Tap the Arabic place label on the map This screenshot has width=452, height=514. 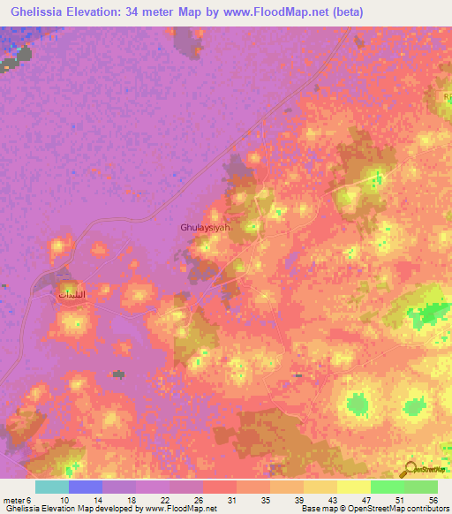coord(72,292)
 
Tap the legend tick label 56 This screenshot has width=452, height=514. coord(433,499)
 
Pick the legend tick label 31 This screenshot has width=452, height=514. coord(231,499)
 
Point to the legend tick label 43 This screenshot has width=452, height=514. coord(332,499)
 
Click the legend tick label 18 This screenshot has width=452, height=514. coord(131,499)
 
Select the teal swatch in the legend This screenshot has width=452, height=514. coord(52,487)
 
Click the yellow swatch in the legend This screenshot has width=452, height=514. coord(354,487)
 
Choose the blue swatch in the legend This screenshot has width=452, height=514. coord(86,487)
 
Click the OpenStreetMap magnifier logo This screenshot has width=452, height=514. coord(410,470)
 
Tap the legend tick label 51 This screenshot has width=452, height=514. coord(399,499)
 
